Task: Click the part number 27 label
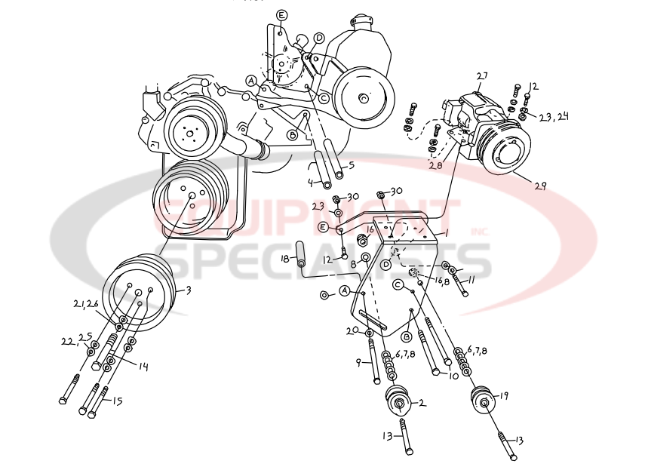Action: point(482,75)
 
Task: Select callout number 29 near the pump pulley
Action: point(542,184)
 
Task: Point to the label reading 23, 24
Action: point(554,117)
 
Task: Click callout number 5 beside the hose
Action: point(350,165)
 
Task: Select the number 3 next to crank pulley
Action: point(188,290)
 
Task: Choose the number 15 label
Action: point(117,401)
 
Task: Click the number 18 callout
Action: point(285,259)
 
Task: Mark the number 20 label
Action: point(351,330)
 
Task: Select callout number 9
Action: point(360,361)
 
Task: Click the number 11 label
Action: point(471,280)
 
